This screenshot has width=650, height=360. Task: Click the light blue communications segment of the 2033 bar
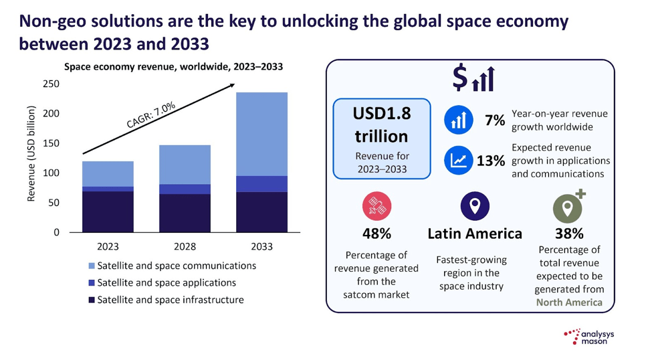point(261,134)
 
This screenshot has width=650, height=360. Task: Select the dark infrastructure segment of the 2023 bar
point(108,211)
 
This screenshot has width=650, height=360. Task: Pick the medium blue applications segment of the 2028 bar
point(185,189)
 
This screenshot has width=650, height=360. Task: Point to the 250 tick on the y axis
point(51,84)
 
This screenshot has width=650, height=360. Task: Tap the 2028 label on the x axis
point(185,246)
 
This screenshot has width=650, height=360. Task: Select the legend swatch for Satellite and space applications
point(91,283)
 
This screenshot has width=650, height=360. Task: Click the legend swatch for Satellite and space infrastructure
point(91,300)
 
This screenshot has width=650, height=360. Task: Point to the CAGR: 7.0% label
point(151,114)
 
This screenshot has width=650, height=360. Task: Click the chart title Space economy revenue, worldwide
point(173,66)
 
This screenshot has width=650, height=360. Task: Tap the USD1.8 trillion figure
point(381,125)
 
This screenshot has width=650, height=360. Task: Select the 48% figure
point(376,234)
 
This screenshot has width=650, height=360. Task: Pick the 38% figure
point(569,234)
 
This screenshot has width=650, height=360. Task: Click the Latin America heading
point(475,234)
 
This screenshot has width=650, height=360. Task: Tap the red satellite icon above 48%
point(376,205)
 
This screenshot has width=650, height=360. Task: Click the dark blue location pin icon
point(475,205)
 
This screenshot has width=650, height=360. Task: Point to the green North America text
point(569,302)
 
